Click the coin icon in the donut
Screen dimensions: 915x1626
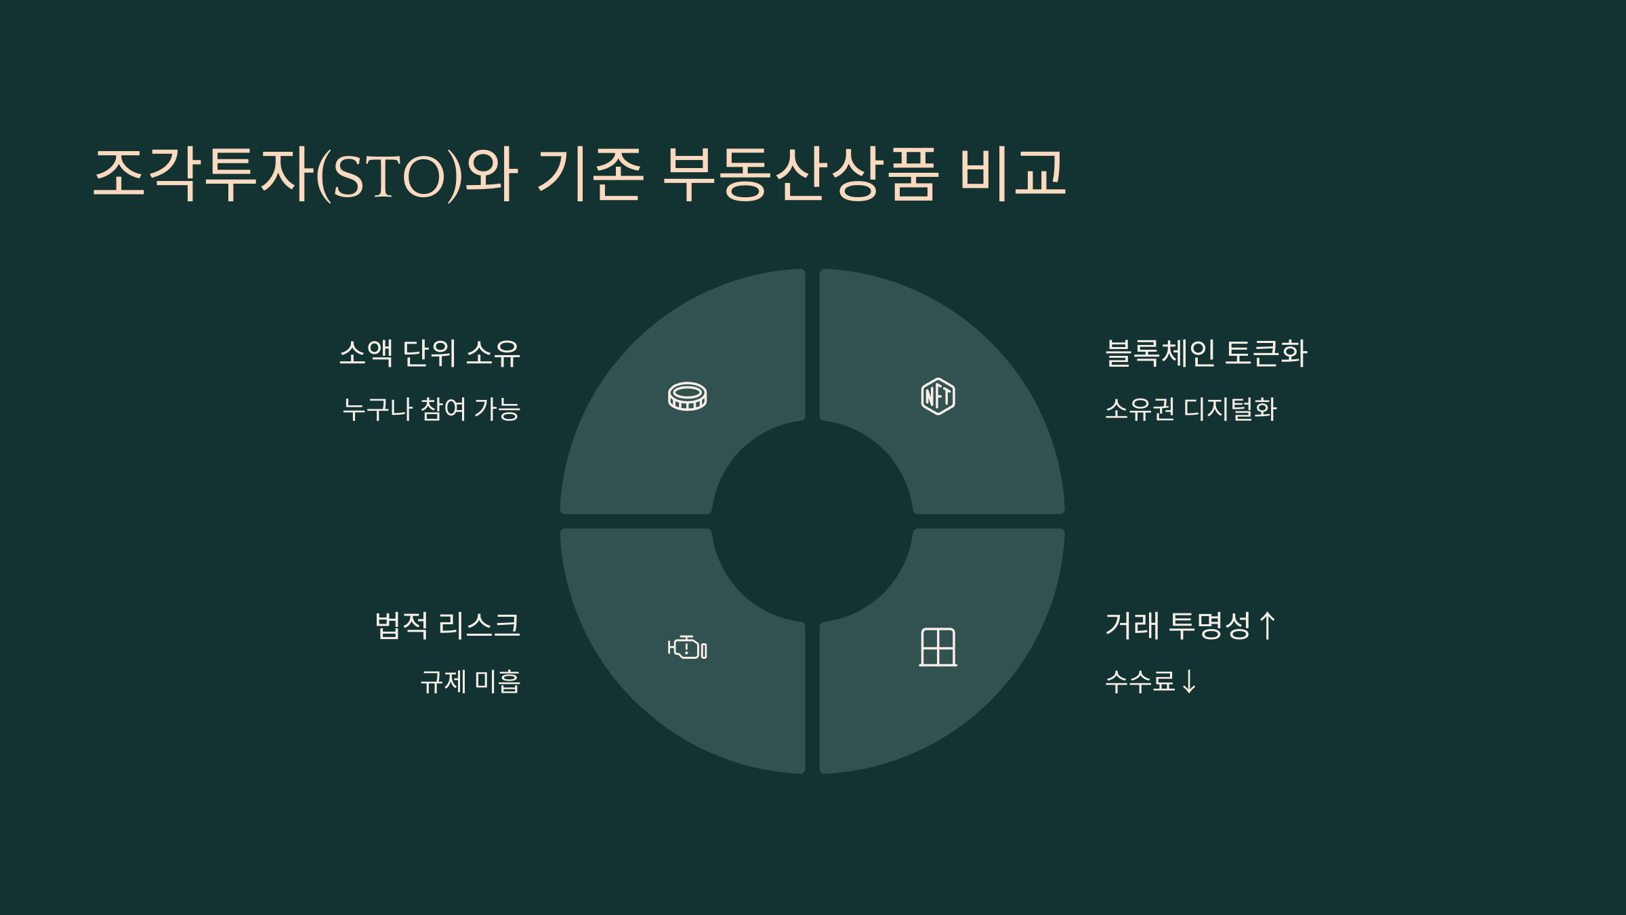pos(687,396)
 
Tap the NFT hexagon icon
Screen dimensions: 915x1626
pos(938,396)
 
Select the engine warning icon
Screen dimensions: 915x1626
pos(687,648)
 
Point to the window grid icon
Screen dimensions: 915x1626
pos(938,647)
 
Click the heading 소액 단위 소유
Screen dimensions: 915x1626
pos(430,353)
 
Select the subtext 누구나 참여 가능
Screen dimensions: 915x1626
pos(431,409)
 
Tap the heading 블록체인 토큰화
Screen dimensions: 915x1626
pos(1206,353)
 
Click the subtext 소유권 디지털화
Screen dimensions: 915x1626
pos(1190,409)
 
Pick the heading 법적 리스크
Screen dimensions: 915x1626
pos(447,626)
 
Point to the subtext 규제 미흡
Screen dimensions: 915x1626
pos(470,682)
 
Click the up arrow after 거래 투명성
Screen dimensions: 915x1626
pos(1267,626)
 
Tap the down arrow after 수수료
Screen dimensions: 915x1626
pos(1188,682)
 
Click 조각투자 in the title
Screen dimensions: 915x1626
pos(203,174)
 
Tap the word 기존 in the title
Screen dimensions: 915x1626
pos(589,174)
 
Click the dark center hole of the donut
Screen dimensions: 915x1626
pos(812,521)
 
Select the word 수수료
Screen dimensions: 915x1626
pos(1140,682)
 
